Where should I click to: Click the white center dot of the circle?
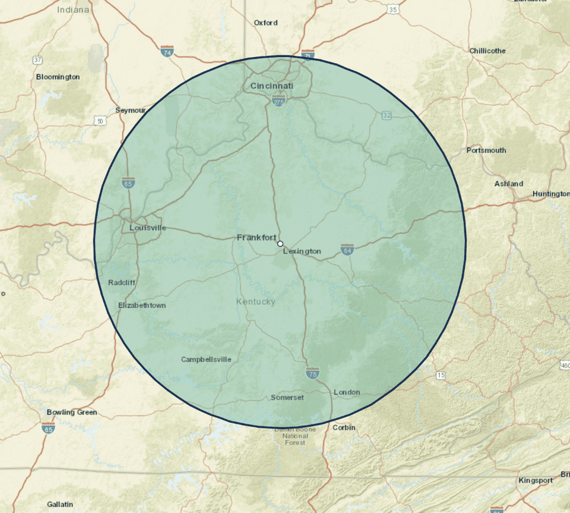coord(280,243)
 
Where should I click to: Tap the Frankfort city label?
coord(256,237)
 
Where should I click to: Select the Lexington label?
coord(302,251)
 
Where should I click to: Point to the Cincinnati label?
coord(272,86)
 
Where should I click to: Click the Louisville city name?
coord(148,228)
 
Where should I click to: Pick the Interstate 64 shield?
coord(347,249)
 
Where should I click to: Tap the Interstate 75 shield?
coord(312,373)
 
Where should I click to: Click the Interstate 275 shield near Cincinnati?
coord(278,102)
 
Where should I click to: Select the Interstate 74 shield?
coord(167,52)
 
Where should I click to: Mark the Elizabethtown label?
coord(142,305)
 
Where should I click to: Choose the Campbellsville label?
coord(206,359)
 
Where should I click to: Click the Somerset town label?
coord(287,397)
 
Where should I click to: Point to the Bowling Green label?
coord(72,412)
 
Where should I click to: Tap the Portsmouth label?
coord(486,150)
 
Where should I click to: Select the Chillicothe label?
coord(487,51)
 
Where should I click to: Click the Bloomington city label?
coord(58,77)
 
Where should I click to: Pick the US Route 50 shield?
coord(100,121)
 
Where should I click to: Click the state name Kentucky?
coord(256,302)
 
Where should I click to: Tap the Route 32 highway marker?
coord(387,115)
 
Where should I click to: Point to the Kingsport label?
coord(535,480)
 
